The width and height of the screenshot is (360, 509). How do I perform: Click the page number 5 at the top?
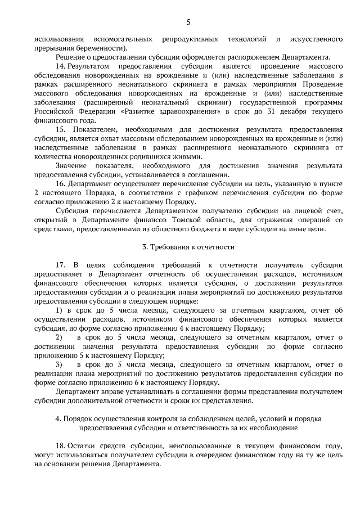[x=188, y=22]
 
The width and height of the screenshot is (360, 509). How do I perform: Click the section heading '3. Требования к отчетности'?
[x=188, y=247]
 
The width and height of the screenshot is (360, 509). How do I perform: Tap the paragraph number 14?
[x=61, y=66]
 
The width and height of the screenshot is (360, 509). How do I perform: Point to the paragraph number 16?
[x=61, y=183]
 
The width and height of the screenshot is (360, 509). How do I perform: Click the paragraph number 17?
[x=61, y=264]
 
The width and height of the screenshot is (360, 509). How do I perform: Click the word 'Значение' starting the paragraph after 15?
[x=71, y=165]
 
